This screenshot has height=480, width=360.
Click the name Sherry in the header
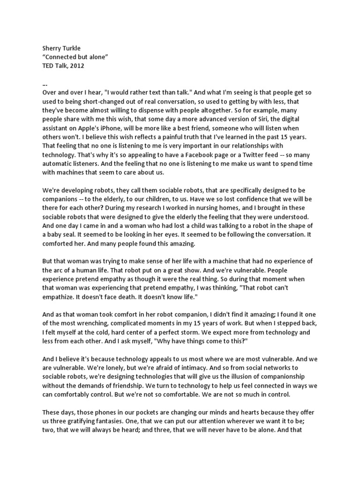point(52,49)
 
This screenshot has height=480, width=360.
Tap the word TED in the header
point(48,66)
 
